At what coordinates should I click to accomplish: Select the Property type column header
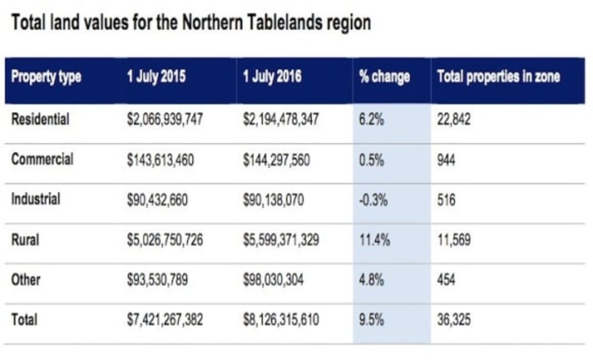(46, 78)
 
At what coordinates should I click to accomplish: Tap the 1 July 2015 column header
(156, 78)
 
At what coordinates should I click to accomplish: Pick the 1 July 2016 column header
(272, 78)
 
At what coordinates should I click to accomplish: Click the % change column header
(385, 78)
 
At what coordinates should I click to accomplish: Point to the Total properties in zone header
(498, 78)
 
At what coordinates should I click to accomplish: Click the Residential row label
(40, 119)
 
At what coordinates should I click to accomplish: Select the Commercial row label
(42, 159)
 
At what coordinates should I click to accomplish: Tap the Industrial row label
(36, 199)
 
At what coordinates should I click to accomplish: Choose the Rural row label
(25, 239)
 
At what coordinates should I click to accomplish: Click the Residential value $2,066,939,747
(165, 120)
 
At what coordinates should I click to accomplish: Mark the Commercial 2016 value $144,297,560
(276, 160)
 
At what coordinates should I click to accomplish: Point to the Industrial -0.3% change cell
(373, 199)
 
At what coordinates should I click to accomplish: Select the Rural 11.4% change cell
(374, 240)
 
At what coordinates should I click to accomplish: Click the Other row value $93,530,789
(157, 280)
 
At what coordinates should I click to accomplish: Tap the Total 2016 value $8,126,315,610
(281, 320)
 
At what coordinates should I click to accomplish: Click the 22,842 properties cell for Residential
(453, 120)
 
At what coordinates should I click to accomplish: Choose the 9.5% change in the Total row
(372, 320)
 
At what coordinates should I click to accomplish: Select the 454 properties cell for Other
(446, 280)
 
